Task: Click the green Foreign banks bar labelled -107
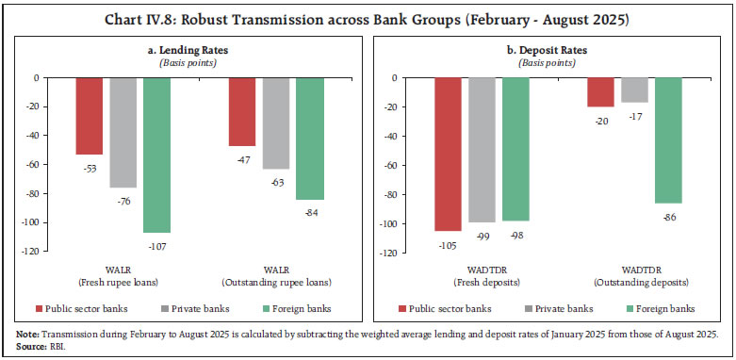pyautogui.click(x=156, y=155)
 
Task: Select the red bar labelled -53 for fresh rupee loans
pyautogui.click(x=90, y=116)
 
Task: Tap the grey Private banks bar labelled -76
pyautogui.click(x=123, y=132)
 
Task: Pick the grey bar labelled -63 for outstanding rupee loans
pyautogui.click(x=275, y=123)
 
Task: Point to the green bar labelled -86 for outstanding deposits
pyautogui.click(x=667, y=140)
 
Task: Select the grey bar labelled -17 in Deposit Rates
pyautogui.click(x=633, y=90)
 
